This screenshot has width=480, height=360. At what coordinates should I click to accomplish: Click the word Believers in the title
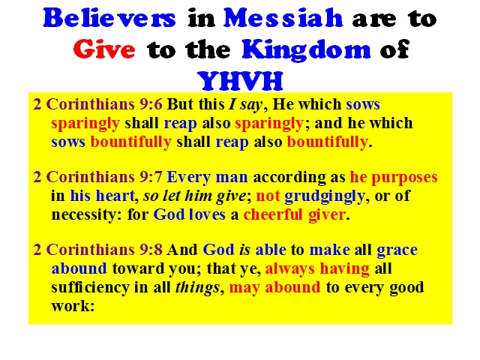[x=109, y=18]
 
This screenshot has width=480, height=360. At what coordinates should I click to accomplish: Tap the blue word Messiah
[x=283, y=18]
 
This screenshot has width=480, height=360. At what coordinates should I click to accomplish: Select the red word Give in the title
[x=104, y=49]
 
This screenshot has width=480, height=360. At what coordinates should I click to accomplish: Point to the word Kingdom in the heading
[x=306, y=49]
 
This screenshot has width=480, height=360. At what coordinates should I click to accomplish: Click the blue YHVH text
[x=240, y=80]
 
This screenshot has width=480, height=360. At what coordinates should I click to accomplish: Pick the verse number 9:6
[x=151, y=104]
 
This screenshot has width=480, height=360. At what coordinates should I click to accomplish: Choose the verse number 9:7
[x=151, y=177]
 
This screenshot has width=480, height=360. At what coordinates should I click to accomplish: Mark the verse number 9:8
[x=151, y=250]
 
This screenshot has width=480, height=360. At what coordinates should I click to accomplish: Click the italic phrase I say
[x=245, y=105]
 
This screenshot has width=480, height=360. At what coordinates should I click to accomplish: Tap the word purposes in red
[x=404, y=178]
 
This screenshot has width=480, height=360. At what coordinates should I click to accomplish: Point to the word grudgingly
[x=325, y=196]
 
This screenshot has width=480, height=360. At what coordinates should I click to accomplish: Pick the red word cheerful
[x=273, y=214]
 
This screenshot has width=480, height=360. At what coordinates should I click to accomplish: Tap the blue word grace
[x=397, y=250]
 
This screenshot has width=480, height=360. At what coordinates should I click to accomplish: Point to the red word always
[x=289, y=269]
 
